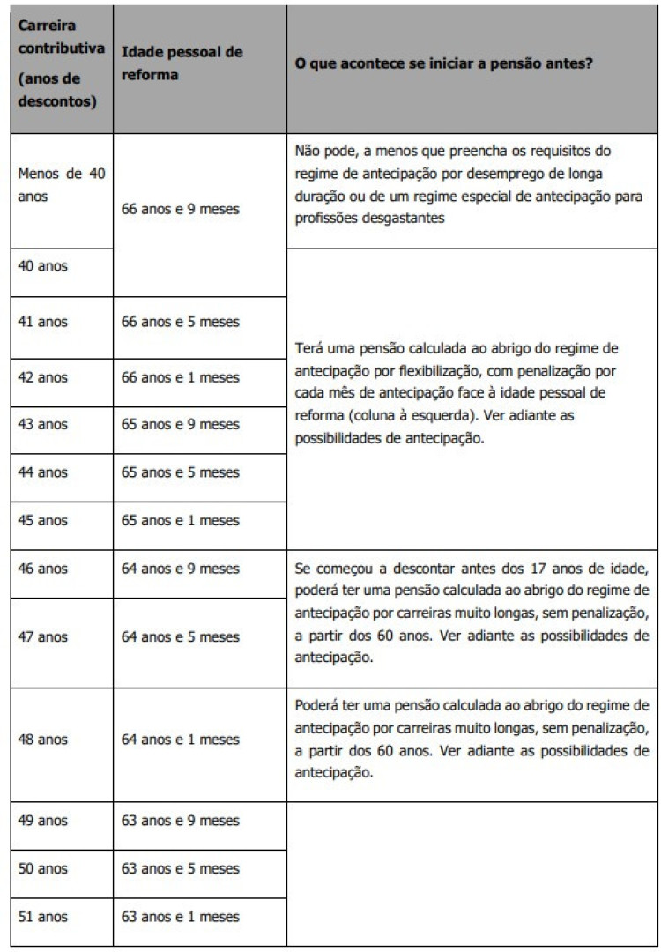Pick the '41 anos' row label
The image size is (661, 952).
click(43, 322)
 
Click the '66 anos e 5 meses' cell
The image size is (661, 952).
click(180, 322)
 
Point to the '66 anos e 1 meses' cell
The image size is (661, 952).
click(180, 377)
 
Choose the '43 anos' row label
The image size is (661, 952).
click(43, 424)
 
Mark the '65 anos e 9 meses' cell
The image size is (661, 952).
click(180, 424)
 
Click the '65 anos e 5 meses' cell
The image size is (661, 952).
click(180, 472)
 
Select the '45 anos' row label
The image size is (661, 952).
click(43, 520)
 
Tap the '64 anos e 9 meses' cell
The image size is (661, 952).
click(180, 569)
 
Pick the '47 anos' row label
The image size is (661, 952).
click(43, 636)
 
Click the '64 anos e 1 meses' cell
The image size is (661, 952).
click(180, 740)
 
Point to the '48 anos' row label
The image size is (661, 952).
click(43, 740)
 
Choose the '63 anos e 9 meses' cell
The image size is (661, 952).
click(180, 821)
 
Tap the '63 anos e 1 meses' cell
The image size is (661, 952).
click(180, 917)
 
